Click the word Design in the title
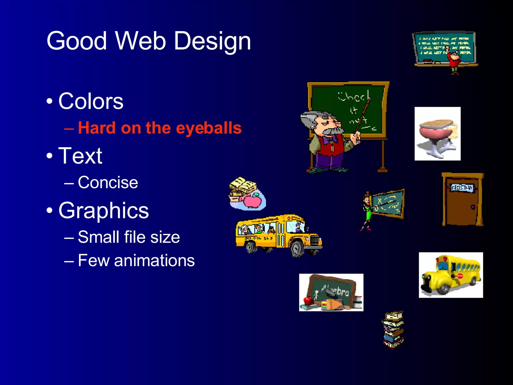[212, 41]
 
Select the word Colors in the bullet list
[91, 101]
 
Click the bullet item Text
[80, 156]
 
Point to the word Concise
[108, 182]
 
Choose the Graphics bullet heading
[103, 210]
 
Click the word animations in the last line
[154, 260]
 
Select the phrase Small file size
[129, 237]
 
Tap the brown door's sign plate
[461, 188]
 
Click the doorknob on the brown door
[473, 207]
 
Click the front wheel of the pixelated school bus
[297, 248]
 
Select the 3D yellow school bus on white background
[451, 275]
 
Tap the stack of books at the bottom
[393, 329]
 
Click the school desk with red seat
[437, 134]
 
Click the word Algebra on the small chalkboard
[336, 290]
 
